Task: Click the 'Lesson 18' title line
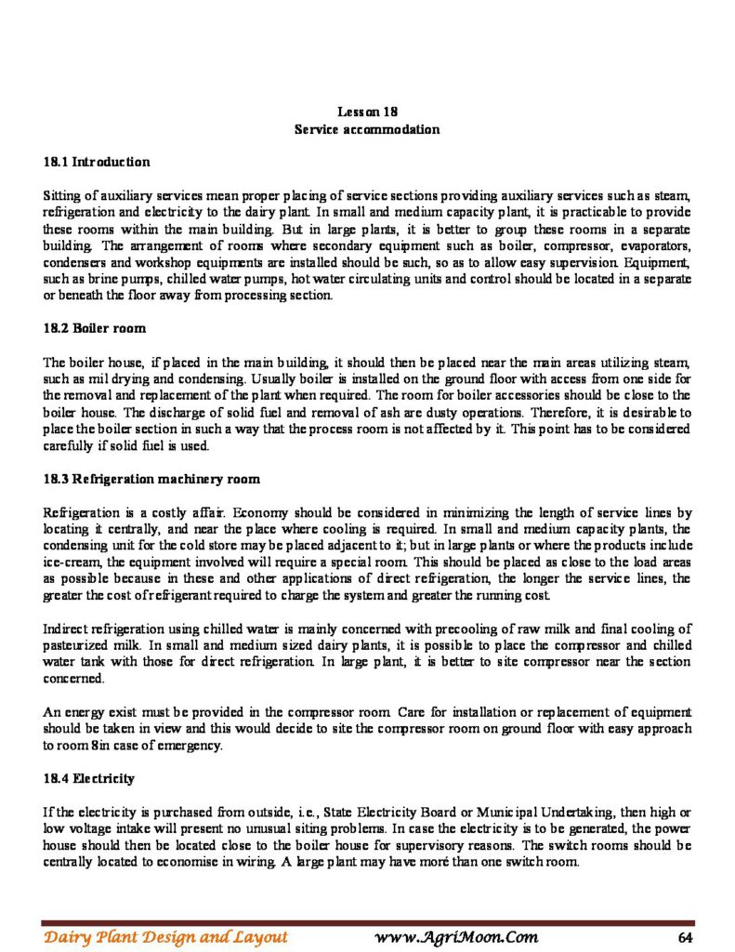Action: (x=367, y=112)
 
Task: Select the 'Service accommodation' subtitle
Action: (x=367, y=129)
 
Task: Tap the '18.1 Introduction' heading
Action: (x=97, y=162)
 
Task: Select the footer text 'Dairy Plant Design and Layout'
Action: (x=164, y=936)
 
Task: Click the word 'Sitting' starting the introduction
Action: (x=62, y=196)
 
